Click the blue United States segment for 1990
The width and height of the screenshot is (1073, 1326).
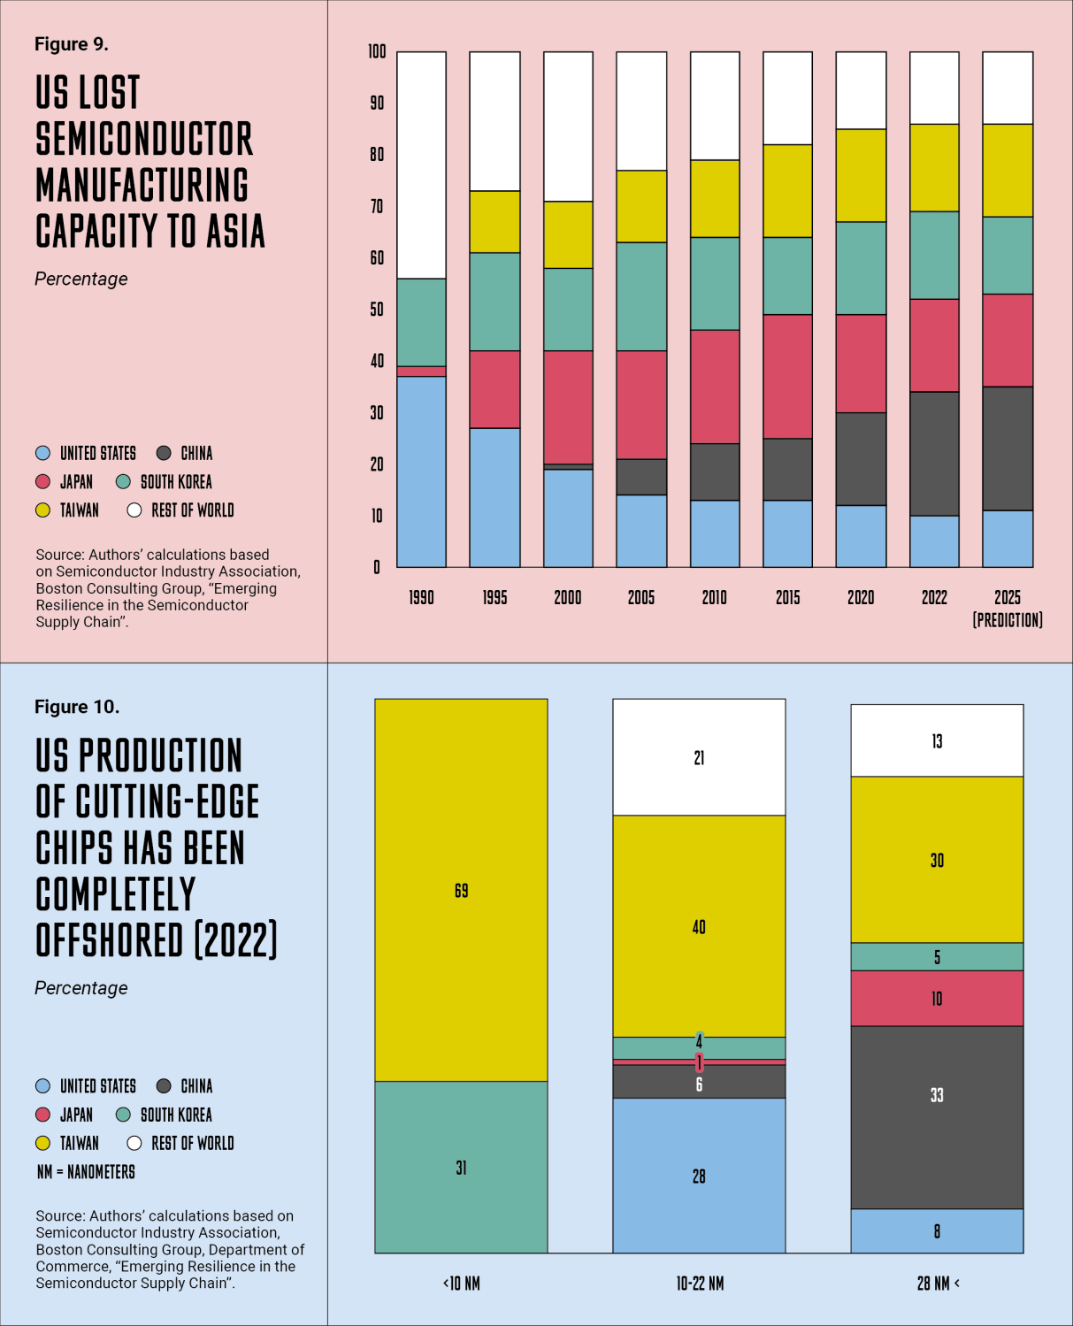pyautogui.click(x=421, y=471)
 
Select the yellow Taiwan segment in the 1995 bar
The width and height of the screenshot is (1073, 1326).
pyautogui.click(x=494, y=221)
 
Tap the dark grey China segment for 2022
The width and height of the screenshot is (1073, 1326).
pyautogui.click(x=934, y=453)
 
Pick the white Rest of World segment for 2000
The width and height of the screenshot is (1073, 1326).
pyautogui.click(x=568, y=126)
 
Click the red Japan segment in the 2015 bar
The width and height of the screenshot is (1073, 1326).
pyautogui.click(x=787, y=376)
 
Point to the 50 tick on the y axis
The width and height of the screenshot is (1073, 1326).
pyautogui.click(x=377, y=310)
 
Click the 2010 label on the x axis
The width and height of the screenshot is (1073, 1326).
pyautogui.click(x=714, y=598)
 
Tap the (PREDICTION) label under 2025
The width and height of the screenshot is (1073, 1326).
pyautogui.click(x=1008, y=620)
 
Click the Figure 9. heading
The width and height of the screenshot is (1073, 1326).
pyautogui.click(x=72, y=44)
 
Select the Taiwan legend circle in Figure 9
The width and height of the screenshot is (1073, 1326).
pyautogui.click(x=42, y=510)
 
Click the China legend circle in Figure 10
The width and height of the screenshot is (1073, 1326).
pyautogui.click(x=164, y=1086)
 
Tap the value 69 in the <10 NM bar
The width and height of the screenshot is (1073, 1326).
pyautogui.click(x=461, y=891)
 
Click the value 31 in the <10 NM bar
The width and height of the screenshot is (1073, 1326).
pyautogui.click(x=461, y=1168)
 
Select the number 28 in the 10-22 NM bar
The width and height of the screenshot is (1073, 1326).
pyautogui.click(x=699, y=1177)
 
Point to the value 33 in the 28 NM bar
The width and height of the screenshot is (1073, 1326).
pyautogui.click(x=937, y=1095)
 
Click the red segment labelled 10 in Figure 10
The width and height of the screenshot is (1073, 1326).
pyautogui.click(x=937, y=999)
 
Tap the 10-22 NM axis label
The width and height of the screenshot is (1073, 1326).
pyautogui.click(x=700, y=1284)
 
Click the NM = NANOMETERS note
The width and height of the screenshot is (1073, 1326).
pyautogui.click(x=86, y=1172)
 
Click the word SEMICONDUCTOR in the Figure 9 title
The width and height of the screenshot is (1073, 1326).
pyautogui.click(x=144, y=140)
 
